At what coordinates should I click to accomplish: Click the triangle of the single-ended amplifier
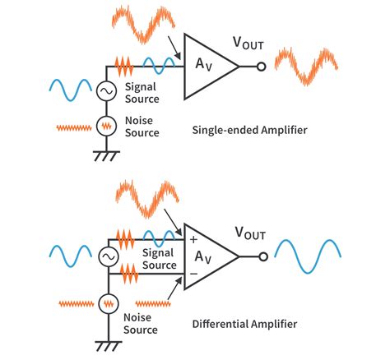pos(206,65)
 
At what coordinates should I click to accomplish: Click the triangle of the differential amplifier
pos(206,256)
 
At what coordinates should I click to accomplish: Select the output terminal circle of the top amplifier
pos(262,66)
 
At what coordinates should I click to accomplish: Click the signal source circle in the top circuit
pos(107,91)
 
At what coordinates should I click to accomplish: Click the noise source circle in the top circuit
pos(107,126)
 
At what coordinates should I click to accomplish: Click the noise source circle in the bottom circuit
pos(107,304)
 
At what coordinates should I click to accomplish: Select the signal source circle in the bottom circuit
pos(107,257)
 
